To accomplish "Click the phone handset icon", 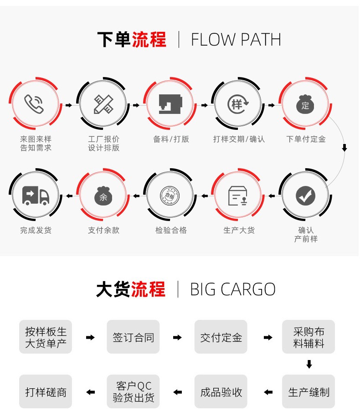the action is pyautogui.click(x=34, y=104).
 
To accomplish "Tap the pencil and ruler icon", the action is pyautogui.click(x=103, y=104).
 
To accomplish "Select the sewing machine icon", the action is pyautogui.click(x=170, y=104).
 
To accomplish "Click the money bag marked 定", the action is pyautogui.click(x=305, y=104).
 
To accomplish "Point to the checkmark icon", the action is pyautogui.click(x=305, y=196).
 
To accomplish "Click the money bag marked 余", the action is pyautogui.click(x=103, y=196).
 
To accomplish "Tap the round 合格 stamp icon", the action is pyautogui.click(x=170, y=196).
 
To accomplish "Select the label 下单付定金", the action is pyautogui.click(x=306, y=139).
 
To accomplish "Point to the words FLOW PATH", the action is pyautogui.click(x=236, y=40).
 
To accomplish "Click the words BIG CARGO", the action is pyautogui.click(x=232, y=289).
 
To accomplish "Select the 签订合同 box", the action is pyautogui.click(x=133, y=337).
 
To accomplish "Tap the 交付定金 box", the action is pyautogui.click(x=221, y=337).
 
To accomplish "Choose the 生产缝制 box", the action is pyautogui.click(x=309, y=392).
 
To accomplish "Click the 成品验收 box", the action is pyautogui.click(x=221, y=392).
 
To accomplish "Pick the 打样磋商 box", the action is pyautogui.click(x=46, y=392).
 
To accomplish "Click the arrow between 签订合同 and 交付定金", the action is pyautogui.click(x=177, y=338).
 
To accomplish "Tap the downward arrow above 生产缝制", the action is pyautogui.click(x=309, y=364).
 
